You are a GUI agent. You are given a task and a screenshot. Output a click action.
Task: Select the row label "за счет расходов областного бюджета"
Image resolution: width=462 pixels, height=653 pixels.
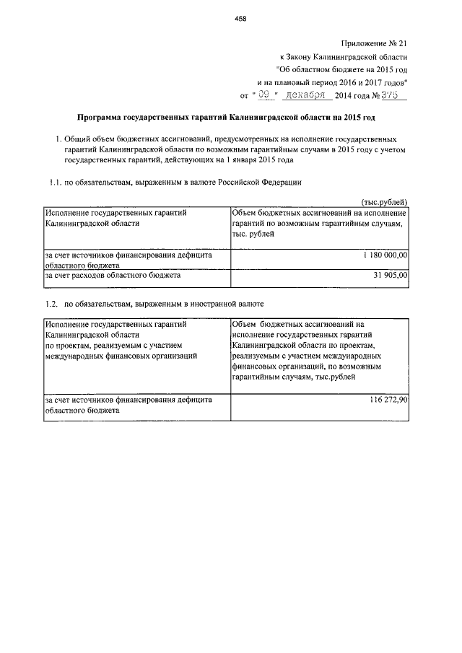[x=113, y=275]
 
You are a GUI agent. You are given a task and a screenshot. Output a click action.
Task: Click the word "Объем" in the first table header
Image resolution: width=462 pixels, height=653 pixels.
[x=245, y=214]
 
